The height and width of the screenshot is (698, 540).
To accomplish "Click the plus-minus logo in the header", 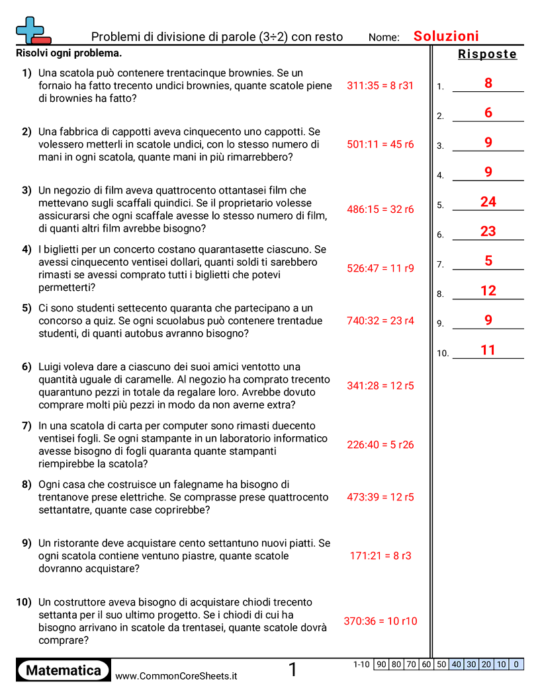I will [x=32, y=30].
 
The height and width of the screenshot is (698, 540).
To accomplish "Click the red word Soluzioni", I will [x=446, y=36].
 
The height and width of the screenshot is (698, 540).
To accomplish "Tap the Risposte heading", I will [x=487, y=54].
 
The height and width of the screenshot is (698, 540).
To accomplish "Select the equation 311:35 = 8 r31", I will [x=380, y=86].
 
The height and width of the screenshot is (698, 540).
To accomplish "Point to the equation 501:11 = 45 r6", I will [x=380, y=145].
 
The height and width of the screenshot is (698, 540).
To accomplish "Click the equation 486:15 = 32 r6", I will [x=380, y=210].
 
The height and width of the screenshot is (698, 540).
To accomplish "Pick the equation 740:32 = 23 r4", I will [x=380, y=321].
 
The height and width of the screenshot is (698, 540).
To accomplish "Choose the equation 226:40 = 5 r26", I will [x=380, y=445].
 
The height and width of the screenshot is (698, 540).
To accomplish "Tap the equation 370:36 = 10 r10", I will [x=380, y=621].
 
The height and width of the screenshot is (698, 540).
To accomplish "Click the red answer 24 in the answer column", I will [x=488, y=202].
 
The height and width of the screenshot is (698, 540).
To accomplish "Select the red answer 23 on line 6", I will [x=488, y=232].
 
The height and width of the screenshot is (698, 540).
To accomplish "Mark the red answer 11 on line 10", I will [x=488, y=350].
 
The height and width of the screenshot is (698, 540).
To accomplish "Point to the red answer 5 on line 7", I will [x=488, y=261].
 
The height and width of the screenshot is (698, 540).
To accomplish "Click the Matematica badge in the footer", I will [x=64, y=671].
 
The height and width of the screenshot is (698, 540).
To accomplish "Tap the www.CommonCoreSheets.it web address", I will [x=176, y=676].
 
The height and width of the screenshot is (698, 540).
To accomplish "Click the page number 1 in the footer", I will [x=292, y=670].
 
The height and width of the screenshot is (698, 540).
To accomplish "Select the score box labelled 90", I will [x=381, y=664].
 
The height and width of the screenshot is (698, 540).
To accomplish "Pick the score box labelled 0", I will [x=516, y=664].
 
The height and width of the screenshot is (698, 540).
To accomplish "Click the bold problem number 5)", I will [x=26, y=308].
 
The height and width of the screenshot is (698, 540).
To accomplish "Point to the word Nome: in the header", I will [x=384, y=38].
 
